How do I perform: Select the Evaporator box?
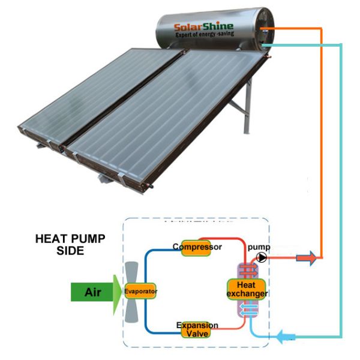click(141, 292)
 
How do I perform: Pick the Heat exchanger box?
click(246, 289)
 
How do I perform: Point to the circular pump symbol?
click(262, 257)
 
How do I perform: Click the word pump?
click(259, 247)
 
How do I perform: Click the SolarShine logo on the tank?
click(203, 26)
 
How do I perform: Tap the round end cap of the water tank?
click(266, 26)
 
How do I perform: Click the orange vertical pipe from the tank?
click(322, 150)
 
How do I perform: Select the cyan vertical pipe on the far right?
click(341, 180)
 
